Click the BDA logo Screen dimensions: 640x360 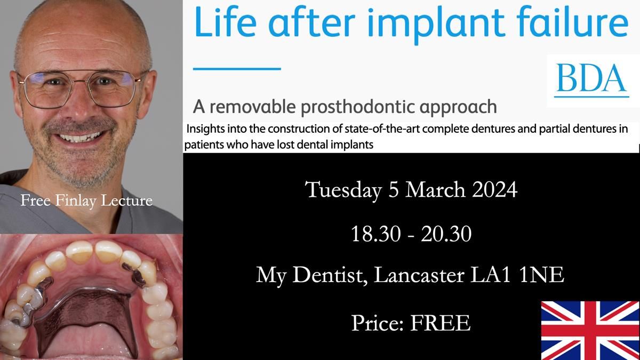(591, 81)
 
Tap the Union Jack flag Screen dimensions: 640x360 (590, 330)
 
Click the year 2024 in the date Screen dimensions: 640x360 (494, 189)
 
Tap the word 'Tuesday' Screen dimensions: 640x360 (343, 190)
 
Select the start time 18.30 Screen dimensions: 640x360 (375, 234)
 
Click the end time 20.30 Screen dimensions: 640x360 (446, 234)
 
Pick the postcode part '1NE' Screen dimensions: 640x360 (542, 275)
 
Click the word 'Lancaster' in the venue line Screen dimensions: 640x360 (419, 275)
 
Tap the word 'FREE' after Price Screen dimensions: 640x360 (441, 323)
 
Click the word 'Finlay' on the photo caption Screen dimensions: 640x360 (75, 201)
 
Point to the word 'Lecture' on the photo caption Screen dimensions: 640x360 (126, 201)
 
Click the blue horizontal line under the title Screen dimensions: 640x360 (237, 69)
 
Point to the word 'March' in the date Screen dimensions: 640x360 (435, 189)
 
